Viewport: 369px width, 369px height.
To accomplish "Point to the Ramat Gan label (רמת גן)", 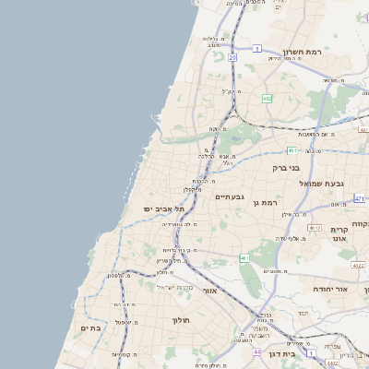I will [x=268, y=202].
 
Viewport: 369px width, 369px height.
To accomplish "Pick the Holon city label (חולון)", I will [x=180, y=319].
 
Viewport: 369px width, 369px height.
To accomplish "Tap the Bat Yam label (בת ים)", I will [x=90, y=327].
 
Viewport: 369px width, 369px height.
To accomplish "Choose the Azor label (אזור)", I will [x=209, y=291].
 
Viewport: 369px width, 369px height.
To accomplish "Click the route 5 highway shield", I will [x=258, y=48].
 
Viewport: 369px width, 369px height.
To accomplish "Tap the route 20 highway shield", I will [x=232, y=57].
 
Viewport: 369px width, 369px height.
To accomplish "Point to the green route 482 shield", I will [x=268, y=98].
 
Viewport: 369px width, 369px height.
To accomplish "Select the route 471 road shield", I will [x=359, y=198].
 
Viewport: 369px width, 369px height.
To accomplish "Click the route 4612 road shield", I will [x=315, y=228].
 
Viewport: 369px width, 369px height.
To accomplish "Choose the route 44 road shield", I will [x=257, y=351].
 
